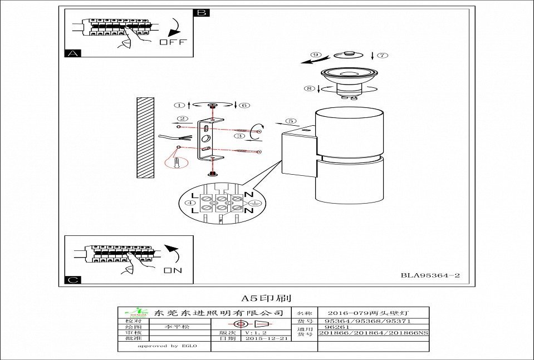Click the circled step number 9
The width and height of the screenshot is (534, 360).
[316, 55]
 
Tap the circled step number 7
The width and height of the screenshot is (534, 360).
[381, 56]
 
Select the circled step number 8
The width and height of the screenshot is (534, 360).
[310, 88]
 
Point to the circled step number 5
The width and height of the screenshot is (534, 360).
[290, 121]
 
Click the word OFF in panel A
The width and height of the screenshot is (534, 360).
[173, 42]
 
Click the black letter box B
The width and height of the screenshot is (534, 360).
[202, 12]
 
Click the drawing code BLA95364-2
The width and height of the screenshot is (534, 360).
[430, 275]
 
